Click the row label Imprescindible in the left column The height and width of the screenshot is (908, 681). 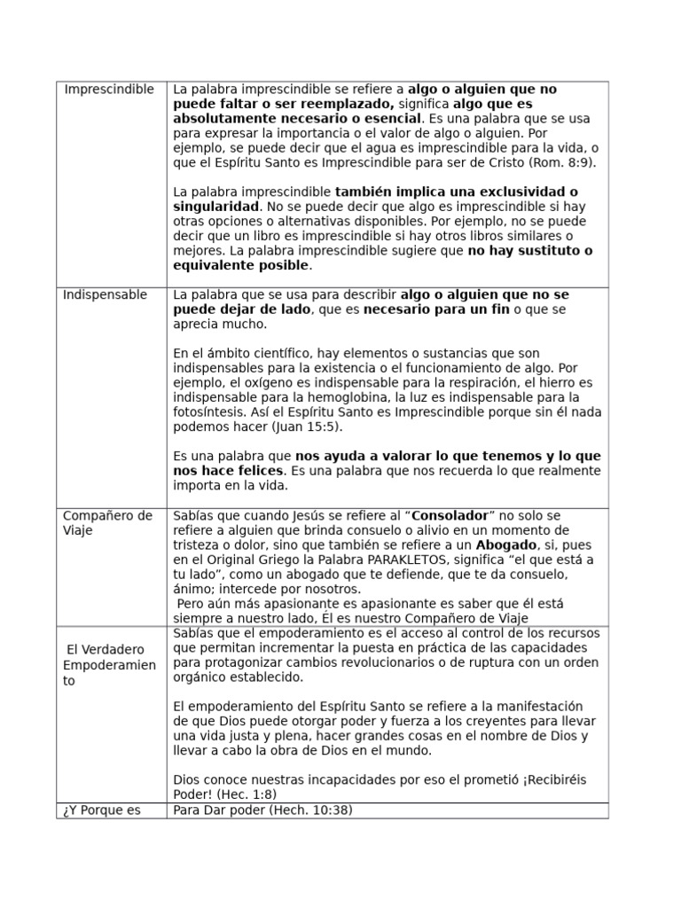(x=109, y=90)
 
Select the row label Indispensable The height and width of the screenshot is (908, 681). (x=105, y=295)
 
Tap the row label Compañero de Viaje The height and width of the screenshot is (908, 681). (x=107, y=523)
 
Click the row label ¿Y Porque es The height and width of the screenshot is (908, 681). (x=102, y=810)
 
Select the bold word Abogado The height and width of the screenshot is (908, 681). (x=506, y=544)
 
